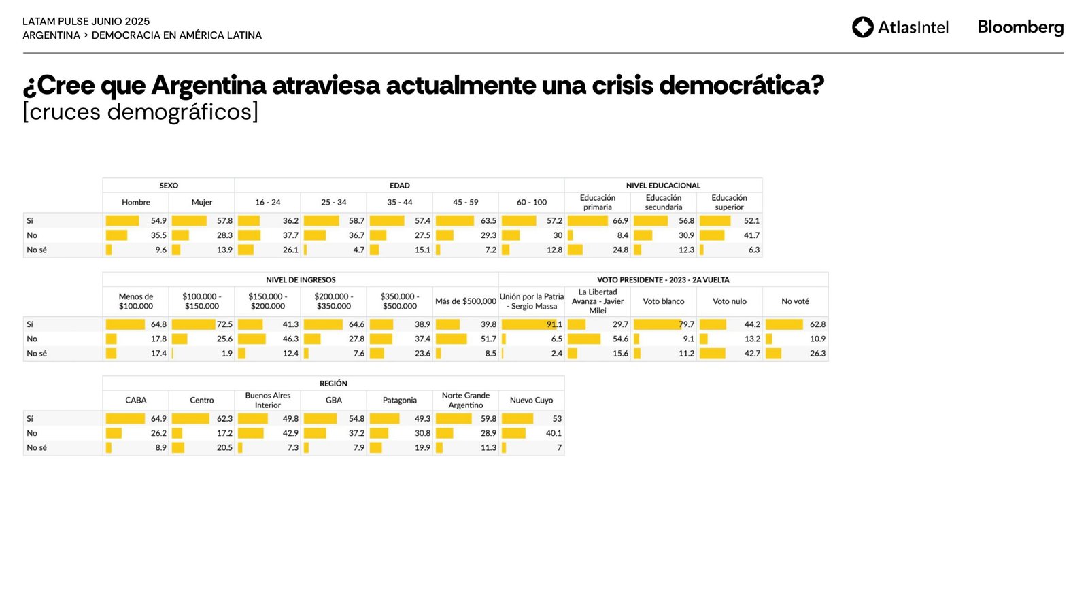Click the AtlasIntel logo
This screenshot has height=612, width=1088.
click(x=900, y=27)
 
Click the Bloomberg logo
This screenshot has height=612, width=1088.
click(x=1020, y=27)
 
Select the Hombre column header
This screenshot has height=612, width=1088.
click(x=136, y=202)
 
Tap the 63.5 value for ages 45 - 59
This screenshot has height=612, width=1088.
click(x=488, y=221)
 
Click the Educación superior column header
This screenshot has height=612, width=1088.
click(x=729, y=203)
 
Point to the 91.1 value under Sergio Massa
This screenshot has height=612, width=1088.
click(x=554, y=324)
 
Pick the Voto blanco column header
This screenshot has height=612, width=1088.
click(x=664, y=301)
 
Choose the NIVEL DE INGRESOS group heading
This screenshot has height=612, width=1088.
click(x=301, y=279)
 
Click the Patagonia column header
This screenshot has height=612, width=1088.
click(x=400, y=401)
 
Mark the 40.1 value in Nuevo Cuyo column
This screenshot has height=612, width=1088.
click(x=554, y=433)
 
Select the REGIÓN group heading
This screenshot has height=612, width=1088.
click(x=333, y=384)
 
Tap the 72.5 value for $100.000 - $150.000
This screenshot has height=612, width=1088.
click(x=224, y=324)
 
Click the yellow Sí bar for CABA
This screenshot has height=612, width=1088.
click(x=125, y=419)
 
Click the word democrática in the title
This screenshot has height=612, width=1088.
click(x=741, y=86)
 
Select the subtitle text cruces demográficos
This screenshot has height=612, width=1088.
click(x=141, y=112)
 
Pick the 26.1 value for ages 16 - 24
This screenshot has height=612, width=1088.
click(x=290, y=250)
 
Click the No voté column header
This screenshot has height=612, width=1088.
click(x=795, y=301)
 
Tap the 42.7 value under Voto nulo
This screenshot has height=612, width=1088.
click(x=752, y=354)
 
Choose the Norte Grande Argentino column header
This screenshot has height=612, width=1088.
click(x=466, y=401)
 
